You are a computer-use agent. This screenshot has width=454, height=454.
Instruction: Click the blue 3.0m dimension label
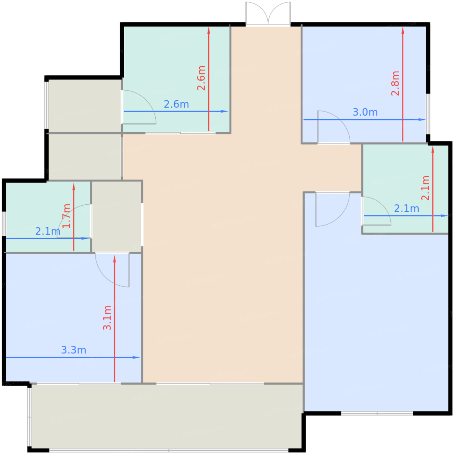tap(365, 112)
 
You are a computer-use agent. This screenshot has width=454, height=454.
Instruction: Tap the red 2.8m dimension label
tap(395, 83)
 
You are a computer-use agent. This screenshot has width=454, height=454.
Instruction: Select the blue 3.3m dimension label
tap(74, 350)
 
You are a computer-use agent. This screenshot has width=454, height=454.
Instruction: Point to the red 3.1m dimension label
tap(107, 318)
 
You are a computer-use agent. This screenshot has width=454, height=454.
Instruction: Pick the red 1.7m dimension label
tap(66, 216)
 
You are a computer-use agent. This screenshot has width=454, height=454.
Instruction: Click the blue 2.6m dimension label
tap(176, 104)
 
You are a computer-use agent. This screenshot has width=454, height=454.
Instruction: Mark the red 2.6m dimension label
tap(201, 78)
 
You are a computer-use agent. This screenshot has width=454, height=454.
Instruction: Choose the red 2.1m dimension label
tap(425, 188)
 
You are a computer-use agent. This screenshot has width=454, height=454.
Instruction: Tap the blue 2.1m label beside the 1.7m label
tap(48, 232)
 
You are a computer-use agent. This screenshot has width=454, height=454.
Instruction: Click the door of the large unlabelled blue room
tap(332, 209)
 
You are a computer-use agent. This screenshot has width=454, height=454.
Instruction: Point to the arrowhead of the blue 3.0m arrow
tap(423, 120)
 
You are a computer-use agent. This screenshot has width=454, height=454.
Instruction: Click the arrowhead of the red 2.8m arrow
tap(403, 30)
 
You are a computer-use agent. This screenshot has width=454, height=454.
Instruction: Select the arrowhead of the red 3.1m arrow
tap(114, 258)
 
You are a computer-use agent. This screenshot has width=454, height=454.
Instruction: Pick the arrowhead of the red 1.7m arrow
tap(74, 186)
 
